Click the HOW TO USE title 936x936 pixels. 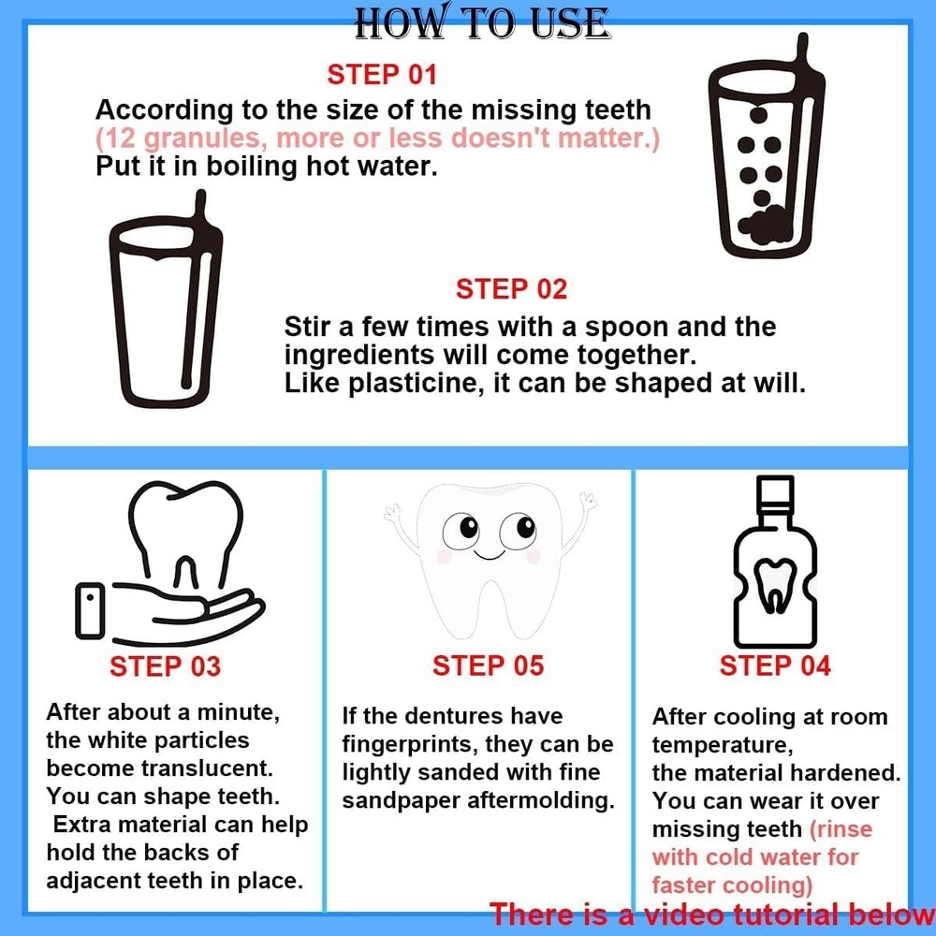click(482, 22)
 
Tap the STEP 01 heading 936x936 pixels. click(381, 74)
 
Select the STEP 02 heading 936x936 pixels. click(511, 289)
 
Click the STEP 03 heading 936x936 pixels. click(165, 666)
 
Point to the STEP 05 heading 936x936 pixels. click(488, 666)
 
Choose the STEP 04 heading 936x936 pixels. click(775, 666)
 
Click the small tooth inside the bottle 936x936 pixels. click(775, 586)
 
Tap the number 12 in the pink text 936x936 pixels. click(119, 139)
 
